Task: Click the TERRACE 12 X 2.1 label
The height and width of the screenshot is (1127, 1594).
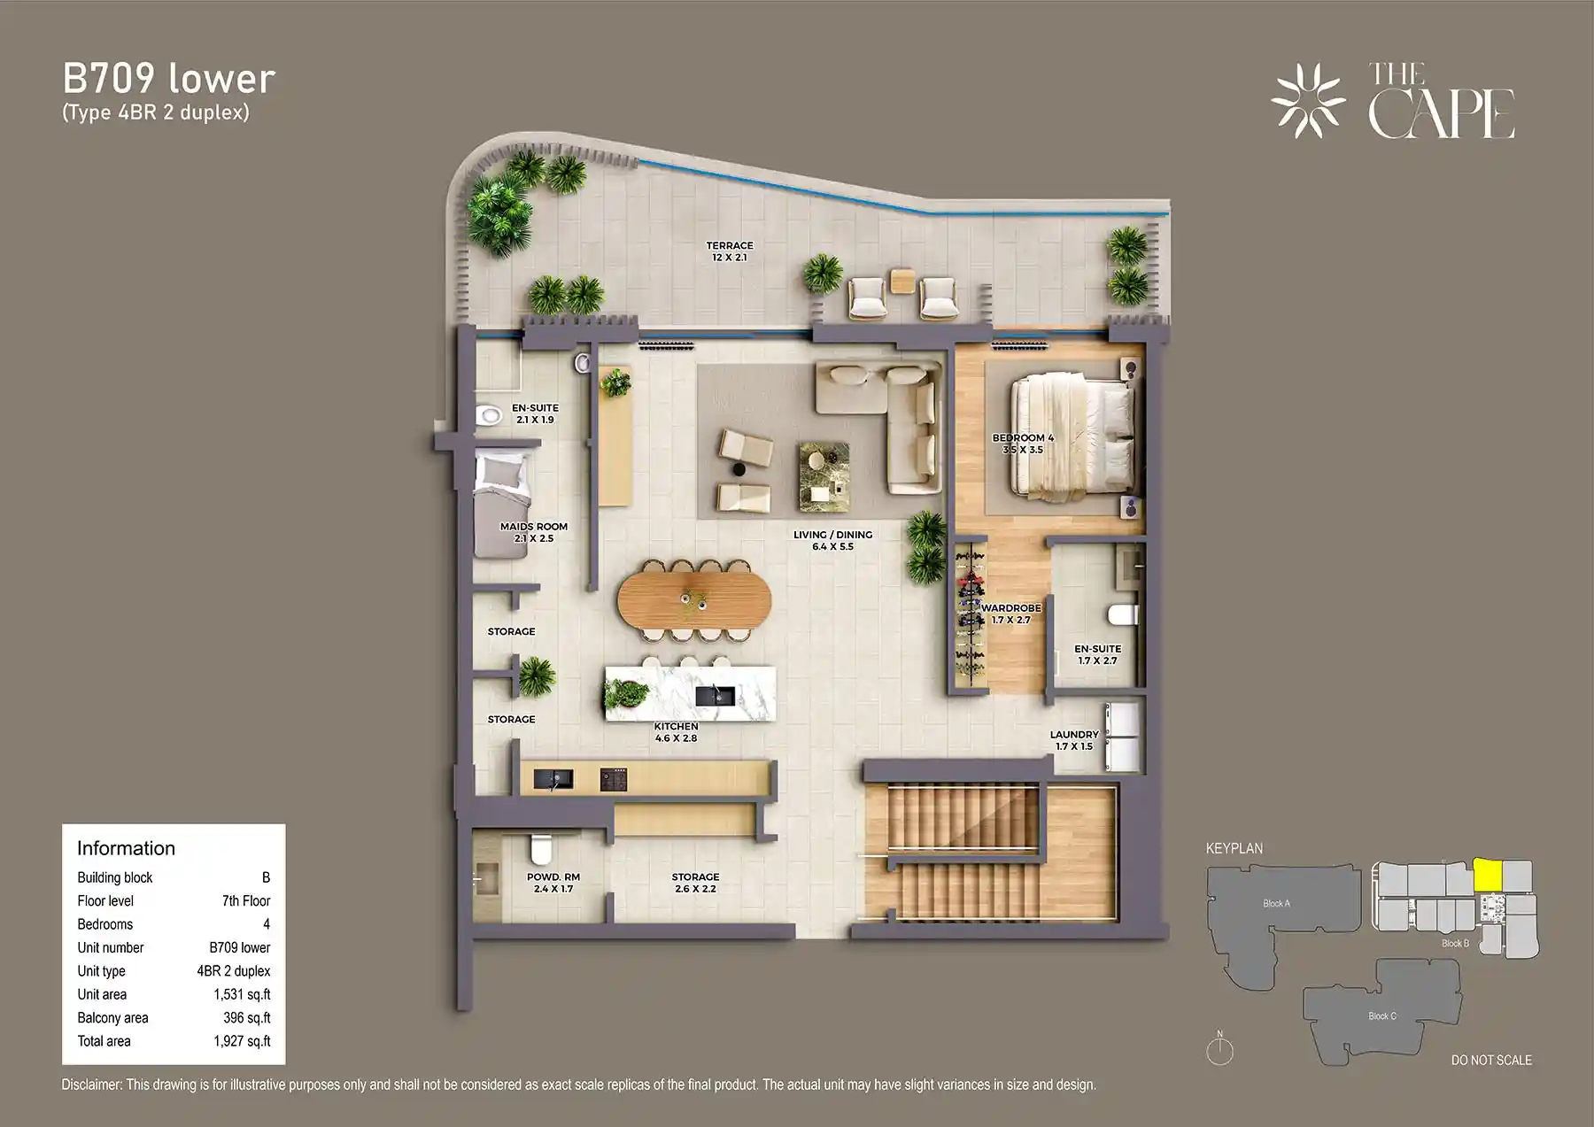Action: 730,251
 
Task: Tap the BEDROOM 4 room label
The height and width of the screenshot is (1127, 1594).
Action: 1023,444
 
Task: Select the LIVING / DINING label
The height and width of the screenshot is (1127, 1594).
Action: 832,540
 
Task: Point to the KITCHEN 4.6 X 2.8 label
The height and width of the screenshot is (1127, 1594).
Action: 676,732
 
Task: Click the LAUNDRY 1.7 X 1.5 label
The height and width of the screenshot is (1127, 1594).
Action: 1074,740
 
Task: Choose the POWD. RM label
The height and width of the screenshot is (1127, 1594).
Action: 553,883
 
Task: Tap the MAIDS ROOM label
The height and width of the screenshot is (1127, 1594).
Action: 533,532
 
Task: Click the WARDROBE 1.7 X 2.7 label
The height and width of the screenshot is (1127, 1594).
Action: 1010,614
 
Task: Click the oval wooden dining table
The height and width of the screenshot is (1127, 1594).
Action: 694,601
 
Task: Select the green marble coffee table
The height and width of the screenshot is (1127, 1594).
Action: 824,476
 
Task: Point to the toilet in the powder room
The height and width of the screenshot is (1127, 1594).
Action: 539,851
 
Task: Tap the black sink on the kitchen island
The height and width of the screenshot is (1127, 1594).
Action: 715,696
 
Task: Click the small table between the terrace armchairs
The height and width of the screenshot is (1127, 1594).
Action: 903,281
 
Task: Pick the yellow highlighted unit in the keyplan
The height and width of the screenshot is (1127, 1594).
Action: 1487,876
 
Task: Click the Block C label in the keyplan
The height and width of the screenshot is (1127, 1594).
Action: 1381,1015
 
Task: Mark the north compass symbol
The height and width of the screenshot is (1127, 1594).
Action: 1219,1050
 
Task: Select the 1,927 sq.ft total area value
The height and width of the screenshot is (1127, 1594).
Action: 242,1041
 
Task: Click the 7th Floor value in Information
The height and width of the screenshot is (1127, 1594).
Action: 246,901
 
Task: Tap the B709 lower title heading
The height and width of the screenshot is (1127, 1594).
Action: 169,79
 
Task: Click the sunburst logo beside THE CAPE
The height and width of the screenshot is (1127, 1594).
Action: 1308,101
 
